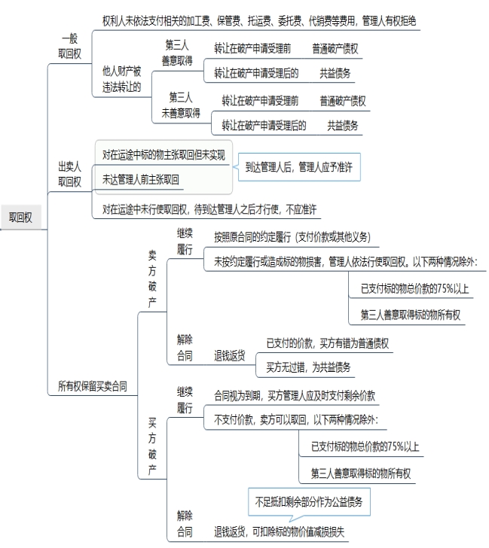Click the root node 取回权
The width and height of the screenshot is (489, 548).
[x=20, y=218]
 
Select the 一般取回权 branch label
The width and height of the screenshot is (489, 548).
[x=69, y=46]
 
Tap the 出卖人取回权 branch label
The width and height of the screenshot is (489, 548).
[x=69, y=174]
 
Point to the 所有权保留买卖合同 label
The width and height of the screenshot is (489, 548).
[x=93, y=386]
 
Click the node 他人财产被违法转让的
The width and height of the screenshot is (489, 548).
[x=122, y=79]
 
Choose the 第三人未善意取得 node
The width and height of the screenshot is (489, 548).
[x=181, y=105]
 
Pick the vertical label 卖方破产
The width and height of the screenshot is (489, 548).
[x=152, y=279]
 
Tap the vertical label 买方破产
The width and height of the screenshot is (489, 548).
[x=152, y=446]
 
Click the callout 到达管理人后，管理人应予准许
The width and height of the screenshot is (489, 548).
[x=299, y=167]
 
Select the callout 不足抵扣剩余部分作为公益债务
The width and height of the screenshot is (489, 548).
[x=309, y=502]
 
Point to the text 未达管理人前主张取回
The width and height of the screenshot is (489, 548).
[x=141, y=180]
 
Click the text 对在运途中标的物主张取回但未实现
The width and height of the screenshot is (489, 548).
[x=164, y=155]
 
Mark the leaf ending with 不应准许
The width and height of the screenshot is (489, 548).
[x=209, y=209]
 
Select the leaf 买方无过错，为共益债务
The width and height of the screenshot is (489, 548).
[x=308, y=367]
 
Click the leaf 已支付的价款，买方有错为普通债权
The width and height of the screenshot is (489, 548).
[x=328, y=343]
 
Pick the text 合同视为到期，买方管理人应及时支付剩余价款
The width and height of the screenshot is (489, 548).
[x=295, y=396]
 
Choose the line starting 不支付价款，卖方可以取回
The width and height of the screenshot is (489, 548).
[x=296, y=420]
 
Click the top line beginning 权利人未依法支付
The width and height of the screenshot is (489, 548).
[x=259, y=21]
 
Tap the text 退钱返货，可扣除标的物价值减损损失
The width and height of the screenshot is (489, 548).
[x=279, y=531]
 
